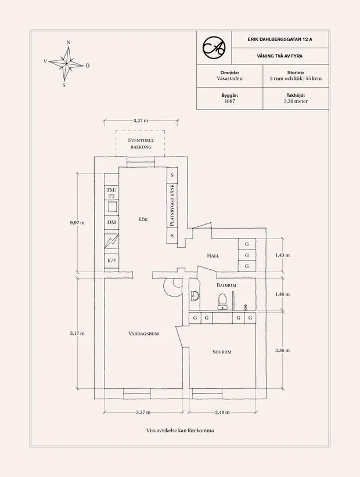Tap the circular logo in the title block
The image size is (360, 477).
tap(213, 49)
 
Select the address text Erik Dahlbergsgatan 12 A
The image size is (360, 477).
tap(279, 39)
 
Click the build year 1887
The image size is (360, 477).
tap(229, 101)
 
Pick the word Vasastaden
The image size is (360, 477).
tap(229, 77)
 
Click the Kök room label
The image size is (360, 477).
tap(143, 219)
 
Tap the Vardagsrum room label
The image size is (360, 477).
tap(144, 334)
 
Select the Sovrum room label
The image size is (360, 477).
tap(222, 352)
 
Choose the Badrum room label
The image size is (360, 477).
tap(226, 286)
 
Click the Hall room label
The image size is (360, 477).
tap(213, 255)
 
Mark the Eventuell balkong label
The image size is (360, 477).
tap(141, 144)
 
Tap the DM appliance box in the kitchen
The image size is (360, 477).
tap(111, 222)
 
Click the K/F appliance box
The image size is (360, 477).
tap(111, 261)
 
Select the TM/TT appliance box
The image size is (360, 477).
tap(111, 193)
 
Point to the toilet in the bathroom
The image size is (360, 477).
tap(221, 299)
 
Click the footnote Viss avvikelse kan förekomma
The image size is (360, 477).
tap(179, 431)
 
